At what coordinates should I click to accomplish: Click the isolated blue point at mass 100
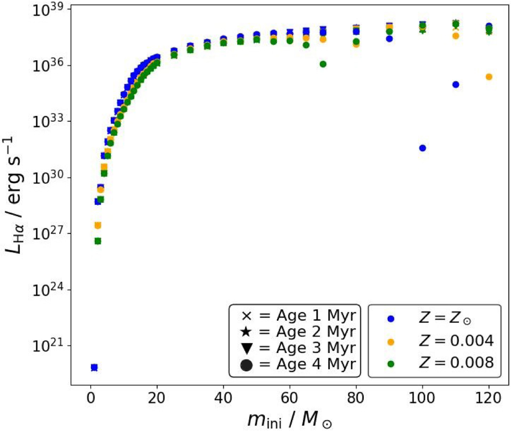pyautogui.click(x=422, y=148)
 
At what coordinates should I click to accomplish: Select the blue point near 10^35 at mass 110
pyautogui.click(x=456, y=85)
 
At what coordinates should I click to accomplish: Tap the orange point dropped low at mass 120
pyautogui.click(x=489, y=77)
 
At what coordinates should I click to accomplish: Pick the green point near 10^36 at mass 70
pyautogui.click(x=323, y=64)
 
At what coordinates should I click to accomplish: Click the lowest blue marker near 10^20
pyautogui.click(x=94, y=367)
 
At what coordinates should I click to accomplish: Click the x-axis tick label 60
pyautogui.click(x=290, y=398)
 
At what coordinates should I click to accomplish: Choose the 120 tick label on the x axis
pyautogui.click(x=489, y=398)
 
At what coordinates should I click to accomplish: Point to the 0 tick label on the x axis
pyautogui.click(x=91, y=398)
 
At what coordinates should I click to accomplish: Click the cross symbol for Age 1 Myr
pyautogui.click(x=247, y=316)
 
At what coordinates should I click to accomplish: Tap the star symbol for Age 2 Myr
pyautogui.click(x=247, y=332)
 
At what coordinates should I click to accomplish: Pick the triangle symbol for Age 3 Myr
pyautogui.click(x=247, y=348)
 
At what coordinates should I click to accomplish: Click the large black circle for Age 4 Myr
pyautogui.click(x=247, y=365)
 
